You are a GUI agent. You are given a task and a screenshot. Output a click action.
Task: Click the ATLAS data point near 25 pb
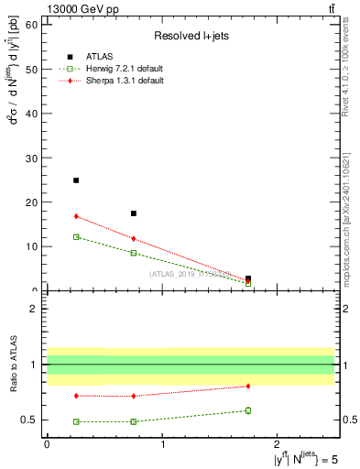pyautogui.click(x=76, y=180)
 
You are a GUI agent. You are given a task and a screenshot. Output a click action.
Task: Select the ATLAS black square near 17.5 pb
pyautogui.click(x=134, y=213)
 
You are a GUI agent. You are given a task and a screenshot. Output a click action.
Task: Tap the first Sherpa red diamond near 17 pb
pyautogui.click(x=76, y=216)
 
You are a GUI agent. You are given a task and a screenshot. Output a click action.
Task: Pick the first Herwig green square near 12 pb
pyautogui.click(x=76, y=237)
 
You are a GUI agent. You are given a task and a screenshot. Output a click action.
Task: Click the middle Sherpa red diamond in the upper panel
pyautogui.click(x=134, y=239)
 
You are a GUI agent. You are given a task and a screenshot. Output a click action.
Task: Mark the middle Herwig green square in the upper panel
pyautogui.click(x=134, y=253)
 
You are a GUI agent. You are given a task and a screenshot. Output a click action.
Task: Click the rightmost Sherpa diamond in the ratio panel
pyautogui.click(x=248, y=386)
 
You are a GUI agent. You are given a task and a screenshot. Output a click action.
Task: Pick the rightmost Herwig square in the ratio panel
pyautogui.click(x=248, y=410)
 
